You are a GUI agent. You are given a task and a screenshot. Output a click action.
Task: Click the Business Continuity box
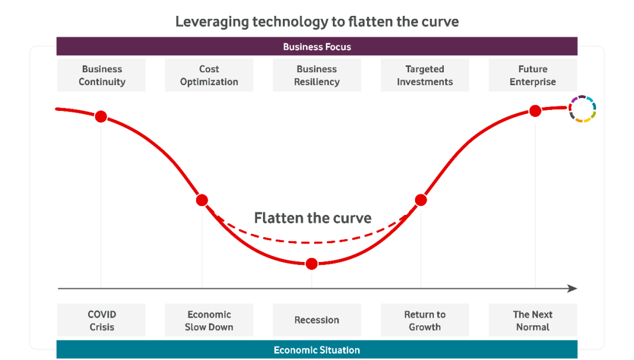[101, 75]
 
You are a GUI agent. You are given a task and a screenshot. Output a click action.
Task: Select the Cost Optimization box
[209, 75]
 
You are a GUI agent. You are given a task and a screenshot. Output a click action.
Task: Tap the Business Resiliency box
[317, 75]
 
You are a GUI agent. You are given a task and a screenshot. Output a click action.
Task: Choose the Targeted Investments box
[425, 75]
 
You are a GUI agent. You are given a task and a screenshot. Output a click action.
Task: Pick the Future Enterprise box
[533, 75]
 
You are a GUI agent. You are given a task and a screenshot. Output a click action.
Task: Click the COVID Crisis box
[101, 320]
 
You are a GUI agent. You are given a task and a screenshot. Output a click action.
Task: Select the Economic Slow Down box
[209, 320]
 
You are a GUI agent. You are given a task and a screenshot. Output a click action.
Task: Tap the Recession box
[317, 320]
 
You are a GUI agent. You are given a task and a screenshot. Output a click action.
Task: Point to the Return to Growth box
[425, 320]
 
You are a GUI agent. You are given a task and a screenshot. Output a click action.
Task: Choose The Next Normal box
[533, 320]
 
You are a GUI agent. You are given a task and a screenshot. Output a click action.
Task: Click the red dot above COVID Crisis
[101, 116]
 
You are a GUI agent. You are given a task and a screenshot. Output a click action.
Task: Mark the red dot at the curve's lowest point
[312, 264]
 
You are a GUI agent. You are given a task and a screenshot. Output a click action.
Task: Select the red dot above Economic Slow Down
[202, 200]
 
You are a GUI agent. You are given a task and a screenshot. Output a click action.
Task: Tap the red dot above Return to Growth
[421, 200]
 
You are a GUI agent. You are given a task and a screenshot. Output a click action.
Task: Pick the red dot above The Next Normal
[535, 111]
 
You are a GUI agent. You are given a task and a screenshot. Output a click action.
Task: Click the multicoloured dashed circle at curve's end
[569, 109]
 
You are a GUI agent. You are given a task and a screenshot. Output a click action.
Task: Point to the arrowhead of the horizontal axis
[572, 288]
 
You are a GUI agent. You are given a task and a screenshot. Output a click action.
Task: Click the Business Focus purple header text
[317, 47]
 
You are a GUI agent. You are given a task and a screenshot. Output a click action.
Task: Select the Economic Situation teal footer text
[317, 350]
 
